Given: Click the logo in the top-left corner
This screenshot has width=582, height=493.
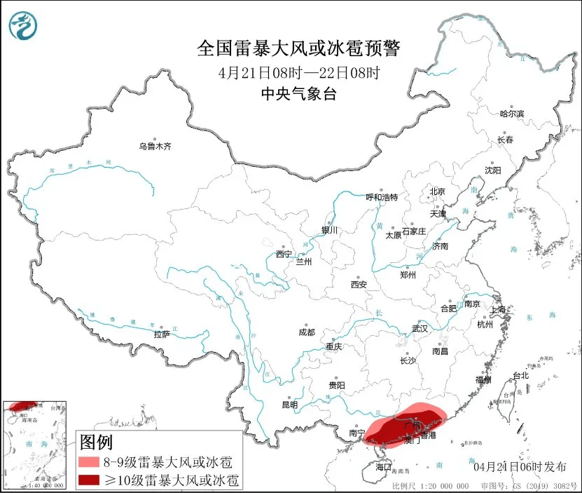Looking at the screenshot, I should pos(23,25).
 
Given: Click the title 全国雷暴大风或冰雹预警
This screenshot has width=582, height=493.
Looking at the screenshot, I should pos(298,48).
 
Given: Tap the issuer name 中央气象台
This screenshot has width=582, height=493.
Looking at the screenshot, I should pos(298,93).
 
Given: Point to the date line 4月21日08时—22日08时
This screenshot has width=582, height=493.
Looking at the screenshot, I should pos(298,72).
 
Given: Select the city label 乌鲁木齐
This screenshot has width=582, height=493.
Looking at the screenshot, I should pos(155,147).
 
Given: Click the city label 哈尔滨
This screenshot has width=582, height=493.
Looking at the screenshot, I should pos(512,114).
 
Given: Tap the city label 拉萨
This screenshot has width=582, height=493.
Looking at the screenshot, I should pos(162,335).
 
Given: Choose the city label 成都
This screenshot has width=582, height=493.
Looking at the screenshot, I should pos(307,332).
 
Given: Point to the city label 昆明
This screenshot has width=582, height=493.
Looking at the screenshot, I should pos(289,405).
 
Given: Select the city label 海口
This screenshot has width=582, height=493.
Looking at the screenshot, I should pos(383,466).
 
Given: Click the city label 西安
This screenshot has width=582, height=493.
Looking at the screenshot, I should pos(359,285).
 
